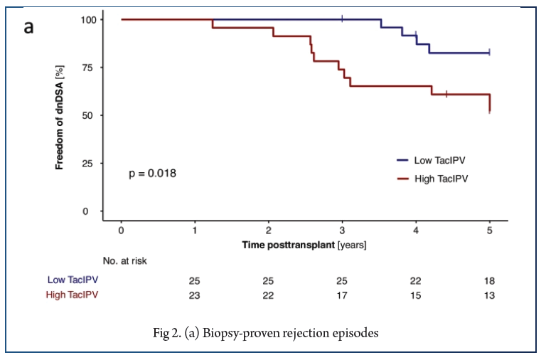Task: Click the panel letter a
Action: pos(29,28)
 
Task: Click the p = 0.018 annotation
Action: pos(153,173)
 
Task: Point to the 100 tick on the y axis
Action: pos(90,19)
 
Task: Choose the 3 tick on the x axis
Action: pos(342,232)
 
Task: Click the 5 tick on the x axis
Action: pos(489,232)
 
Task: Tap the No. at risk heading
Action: pos(125,261)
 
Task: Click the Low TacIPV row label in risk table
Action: pos(72,280)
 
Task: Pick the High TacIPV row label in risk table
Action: pos(72,295)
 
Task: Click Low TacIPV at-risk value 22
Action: pos(415,280)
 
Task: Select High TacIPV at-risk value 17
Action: pos(342,295)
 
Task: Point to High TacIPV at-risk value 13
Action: pos(489,295)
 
